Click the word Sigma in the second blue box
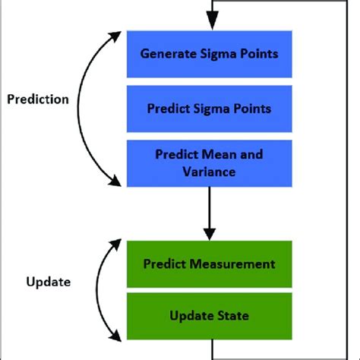(x=214, y=108)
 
